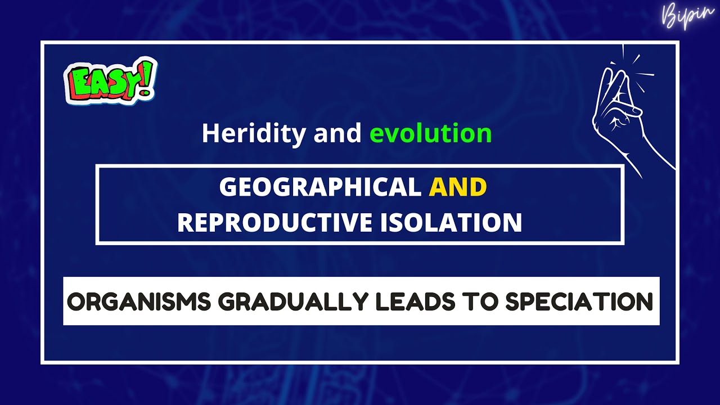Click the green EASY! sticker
coord(111,81)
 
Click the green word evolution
coord(430,133)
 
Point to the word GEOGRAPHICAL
coord(319,187)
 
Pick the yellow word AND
coord(457,187)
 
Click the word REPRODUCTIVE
coord(274,223)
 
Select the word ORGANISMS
coord(139,302)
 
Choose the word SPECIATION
coord(579,302)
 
